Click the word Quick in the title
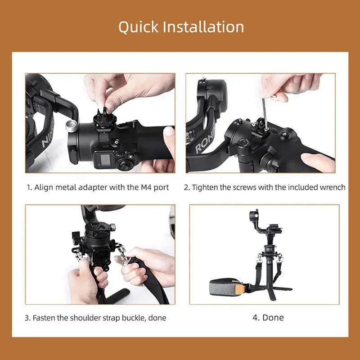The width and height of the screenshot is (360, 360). pos(138,27)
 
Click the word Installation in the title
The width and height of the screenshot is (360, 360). pos(203,27)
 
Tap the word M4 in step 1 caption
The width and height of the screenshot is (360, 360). pos(146,187)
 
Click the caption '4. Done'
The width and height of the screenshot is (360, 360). pos(268,318)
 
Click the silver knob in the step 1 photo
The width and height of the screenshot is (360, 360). pos(71,125)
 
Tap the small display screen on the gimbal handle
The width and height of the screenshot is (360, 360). pos(105,159)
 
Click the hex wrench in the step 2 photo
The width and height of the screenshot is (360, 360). pos(265,114)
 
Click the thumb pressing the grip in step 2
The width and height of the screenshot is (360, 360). pos(317,162)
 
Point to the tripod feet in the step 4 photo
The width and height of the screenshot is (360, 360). pos(274,292)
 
